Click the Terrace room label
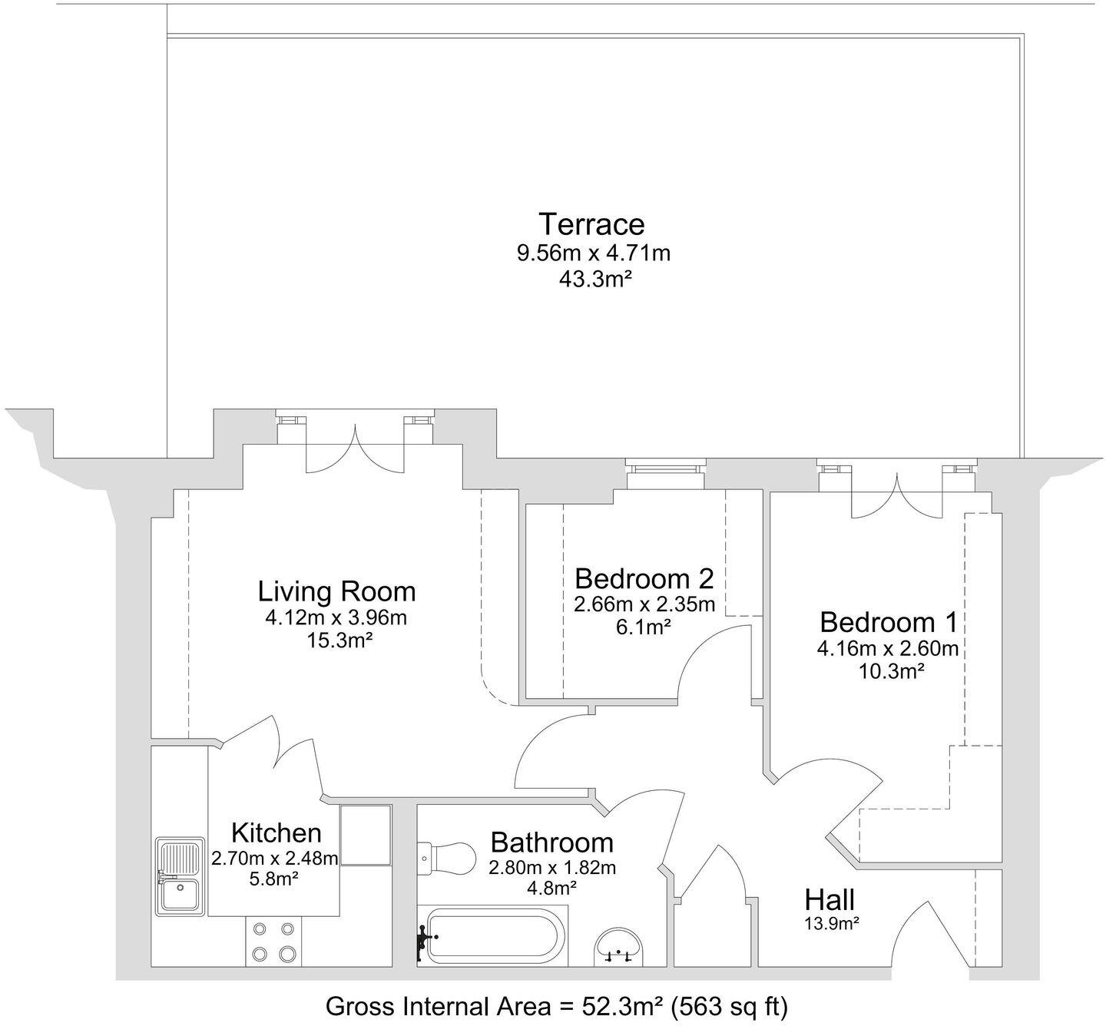coord(591,224)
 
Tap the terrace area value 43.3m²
coord(594,279)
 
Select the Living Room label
coord(336,591)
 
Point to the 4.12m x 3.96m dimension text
coord(337,617)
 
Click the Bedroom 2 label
coord(644,578)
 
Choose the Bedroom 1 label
coord(888,621)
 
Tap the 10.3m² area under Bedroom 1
coord(889,671)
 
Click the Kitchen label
coord(276,832)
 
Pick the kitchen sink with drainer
coord(180,877)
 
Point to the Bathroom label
coord(551,842)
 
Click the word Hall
coord(829,899)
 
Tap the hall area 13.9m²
coord(831,924)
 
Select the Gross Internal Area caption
coord(557,1006)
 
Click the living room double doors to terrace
coord(355,451)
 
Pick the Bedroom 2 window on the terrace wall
coord(665,474)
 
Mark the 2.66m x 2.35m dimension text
coord(644,604)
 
